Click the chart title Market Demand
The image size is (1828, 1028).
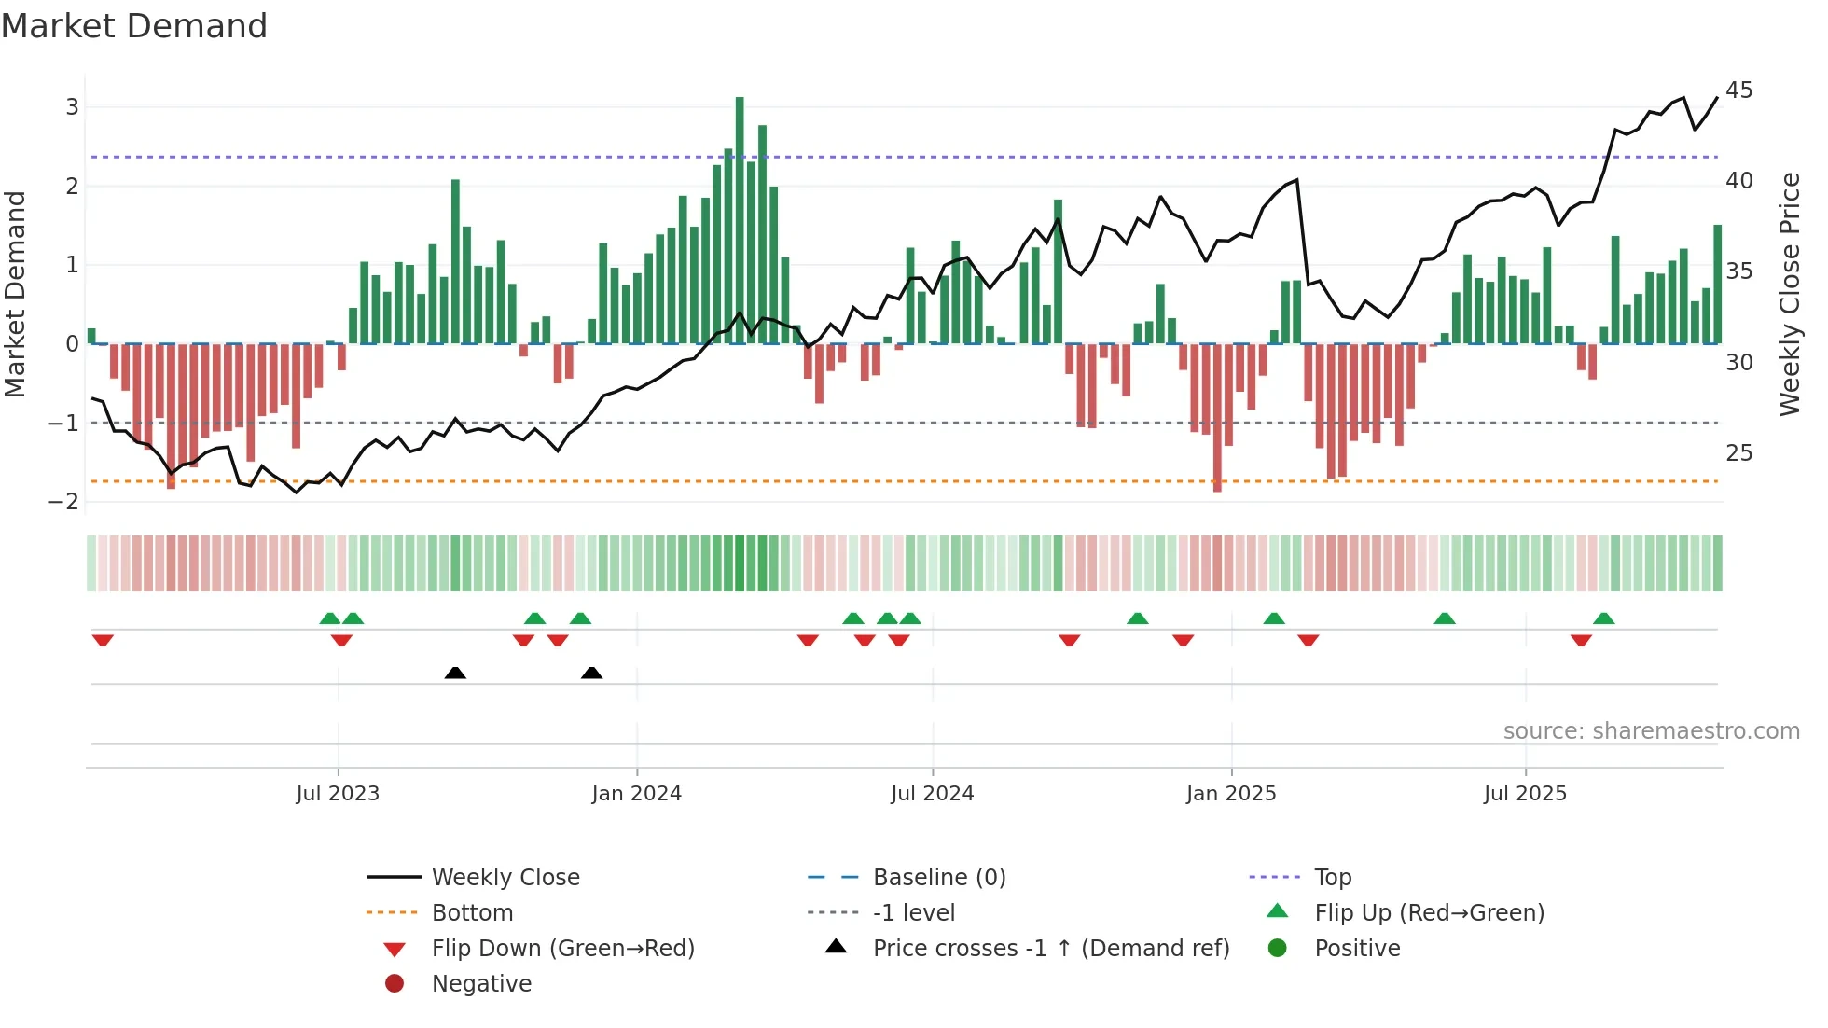pyautogui.click(x=134, y=26)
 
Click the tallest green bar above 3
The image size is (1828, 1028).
pyautogui.click(x=740, y=219)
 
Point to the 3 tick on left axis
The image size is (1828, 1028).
pyautogui.click(x=72, y=106)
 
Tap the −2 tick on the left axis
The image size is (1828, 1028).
pyautogui.click(x=64, y=502)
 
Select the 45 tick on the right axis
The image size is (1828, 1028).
pyautogui.click(x=1738, y=90)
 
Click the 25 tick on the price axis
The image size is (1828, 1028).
pyautogui.click(x=1738, y=453)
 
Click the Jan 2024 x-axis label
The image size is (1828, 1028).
pyautogui.click(x=636, y=794)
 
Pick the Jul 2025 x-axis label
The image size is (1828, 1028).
pyautogui.click(x=1525, y=794)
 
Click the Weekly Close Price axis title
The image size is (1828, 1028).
pyautogui.click(x=1789, y=294)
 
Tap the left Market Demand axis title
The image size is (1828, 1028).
pyautogui.click(x=15, y=294)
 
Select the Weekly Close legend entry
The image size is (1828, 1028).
pyautogui.click(x=505, y=878)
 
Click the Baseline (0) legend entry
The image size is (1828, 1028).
pyautogui.click(x=938, y=878)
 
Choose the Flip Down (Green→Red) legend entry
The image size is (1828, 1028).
pyautogui.click(x=562, y=949)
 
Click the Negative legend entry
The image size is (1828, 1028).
pyautogui.click(x=481, y=984)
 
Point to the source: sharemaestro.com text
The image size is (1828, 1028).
pyautogui.click(x=1651, y=731)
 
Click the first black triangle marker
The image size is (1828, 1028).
pyautogui.click(x=455, y=673)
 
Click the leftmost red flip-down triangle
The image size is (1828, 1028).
pyautogui.click(x=103, y=640)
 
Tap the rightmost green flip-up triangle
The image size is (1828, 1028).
pyautogui.click(x=1603, y=618)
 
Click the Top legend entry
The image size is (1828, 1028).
pyautogui.click(x=1332, y=878)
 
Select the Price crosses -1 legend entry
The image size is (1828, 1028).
pyautogui.click(x=1050, y=949)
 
